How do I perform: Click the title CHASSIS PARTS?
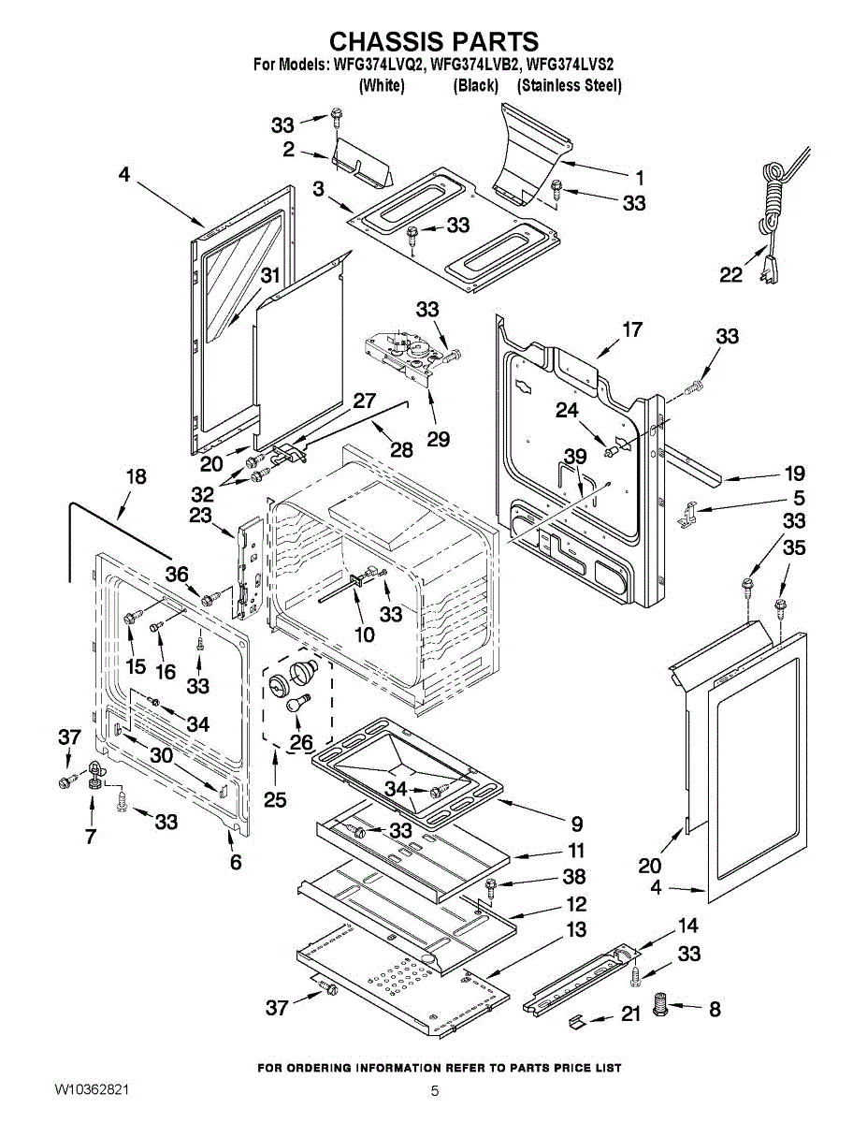(434, 41)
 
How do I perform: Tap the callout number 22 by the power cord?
(730, 275)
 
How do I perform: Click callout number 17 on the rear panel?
(632, 329)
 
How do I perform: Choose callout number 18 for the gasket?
(136, 476)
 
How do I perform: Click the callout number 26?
(301, 742)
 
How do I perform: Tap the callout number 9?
(576, 824)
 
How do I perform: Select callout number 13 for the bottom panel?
(577, 930)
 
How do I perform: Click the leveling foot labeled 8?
(661, 1008)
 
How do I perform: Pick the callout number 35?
(793, 548)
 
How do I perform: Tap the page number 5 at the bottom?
(434, 1091)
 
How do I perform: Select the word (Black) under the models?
(475, 85)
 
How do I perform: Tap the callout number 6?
(236, 863)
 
